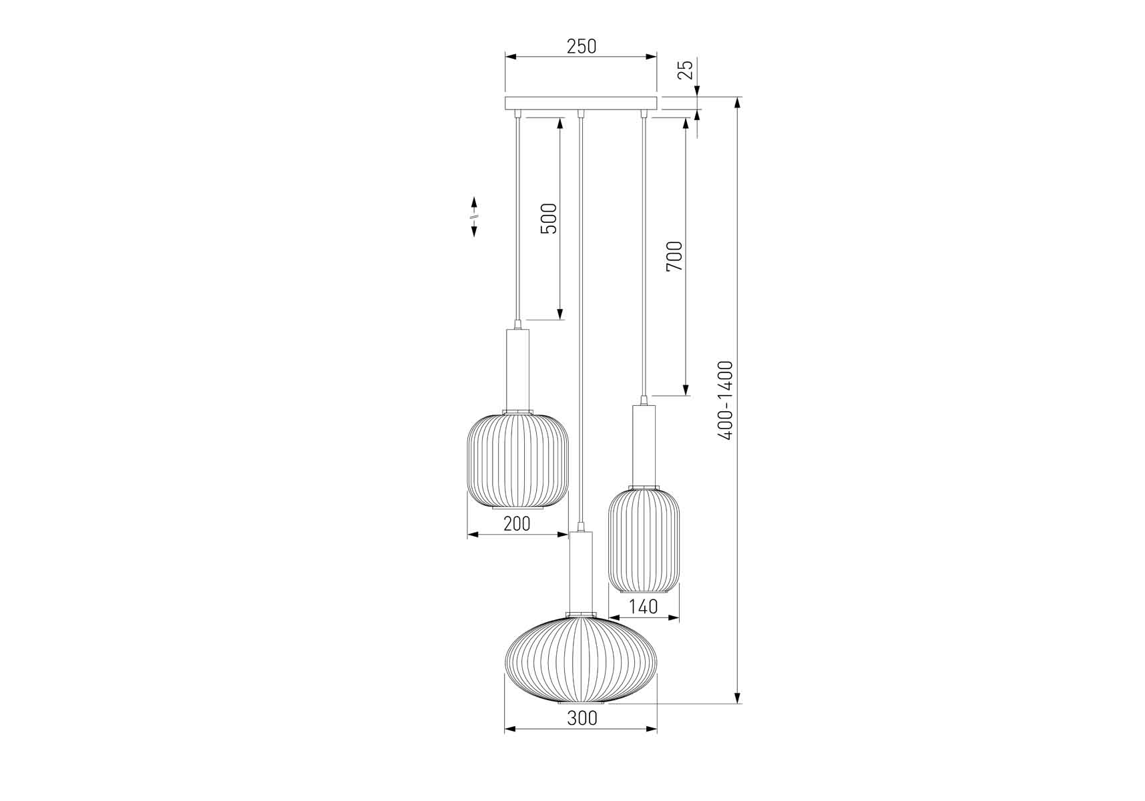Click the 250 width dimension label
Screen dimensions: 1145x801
click(581, 47)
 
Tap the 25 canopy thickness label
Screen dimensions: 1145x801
click(686, 69)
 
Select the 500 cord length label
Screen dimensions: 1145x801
click(548, 218)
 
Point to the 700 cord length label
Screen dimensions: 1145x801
click(675, 256)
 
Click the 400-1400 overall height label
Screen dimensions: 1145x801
click(726, 400)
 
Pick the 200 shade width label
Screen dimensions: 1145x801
click(517, 524)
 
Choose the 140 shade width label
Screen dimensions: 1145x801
click(644, 607)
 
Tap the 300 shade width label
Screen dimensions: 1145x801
click(582, 718)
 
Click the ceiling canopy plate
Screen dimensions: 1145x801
click(581, 103)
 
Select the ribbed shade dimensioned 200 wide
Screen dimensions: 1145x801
click(517, 461)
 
